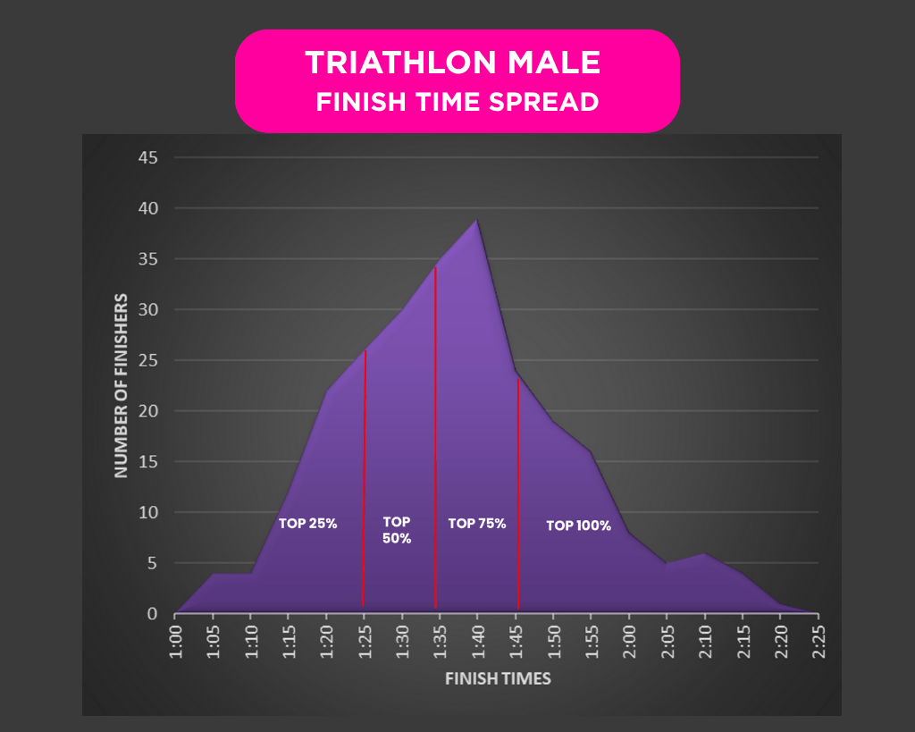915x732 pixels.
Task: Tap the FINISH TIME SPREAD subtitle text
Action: click(457, 102)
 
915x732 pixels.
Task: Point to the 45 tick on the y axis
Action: click(147, 158)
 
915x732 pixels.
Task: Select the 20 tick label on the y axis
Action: click(147, 411)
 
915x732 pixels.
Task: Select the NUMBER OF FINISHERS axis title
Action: click(121, 385)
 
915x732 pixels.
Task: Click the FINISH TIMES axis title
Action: click(498, 678)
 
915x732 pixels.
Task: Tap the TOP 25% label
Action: click(307, 524)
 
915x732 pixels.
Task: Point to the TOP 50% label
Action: click(397, 530)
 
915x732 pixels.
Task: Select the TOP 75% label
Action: click(477, 524)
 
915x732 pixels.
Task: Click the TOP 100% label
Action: click(578, 526)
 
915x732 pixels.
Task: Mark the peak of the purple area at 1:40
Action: click(477, 220)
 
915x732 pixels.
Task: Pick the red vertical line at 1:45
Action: click(518, 492)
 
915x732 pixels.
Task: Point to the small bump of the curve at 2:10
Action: click(705, 554)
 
